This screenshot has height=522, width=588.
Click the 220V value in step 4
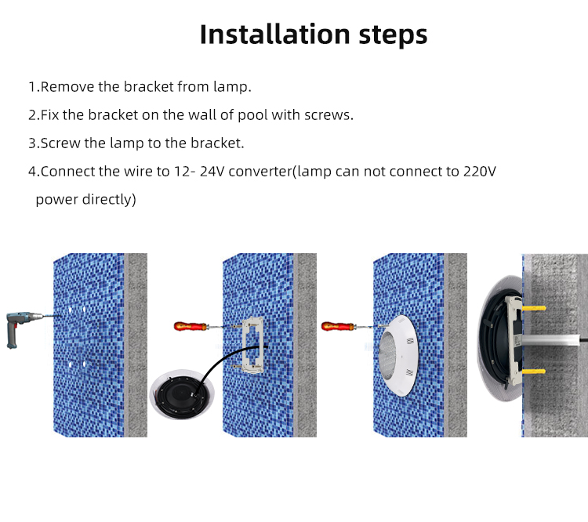coord(478,171)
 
